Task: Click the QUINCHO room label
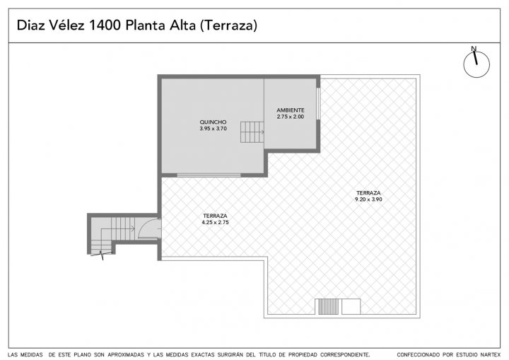tap(213, 122)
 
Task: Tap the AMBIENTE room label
tap(291, 110)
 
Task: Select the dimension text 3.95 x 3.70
tap(213, 129)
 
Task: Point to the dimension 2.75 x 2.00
tap(291, 117)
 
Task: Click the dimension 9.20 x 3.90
tap(368, 199)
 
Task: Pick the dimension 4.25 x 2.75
tap(215, 223)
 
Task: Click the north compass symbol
tap(476, 64)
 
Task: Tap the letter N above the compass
tap(474, 49)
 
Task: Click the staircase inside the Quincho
tap(252, 132)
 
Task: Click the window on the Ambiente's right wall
tap(318, 104)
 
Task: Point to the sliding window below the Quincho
tap(209, 175)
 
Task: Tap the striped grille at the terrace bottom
tap(328, 307)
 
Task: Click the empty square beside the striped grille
tap(351, 307)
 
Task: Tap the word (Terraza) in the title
tap(228, 25)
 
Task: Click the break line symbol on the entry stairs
tap(101, 255)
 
